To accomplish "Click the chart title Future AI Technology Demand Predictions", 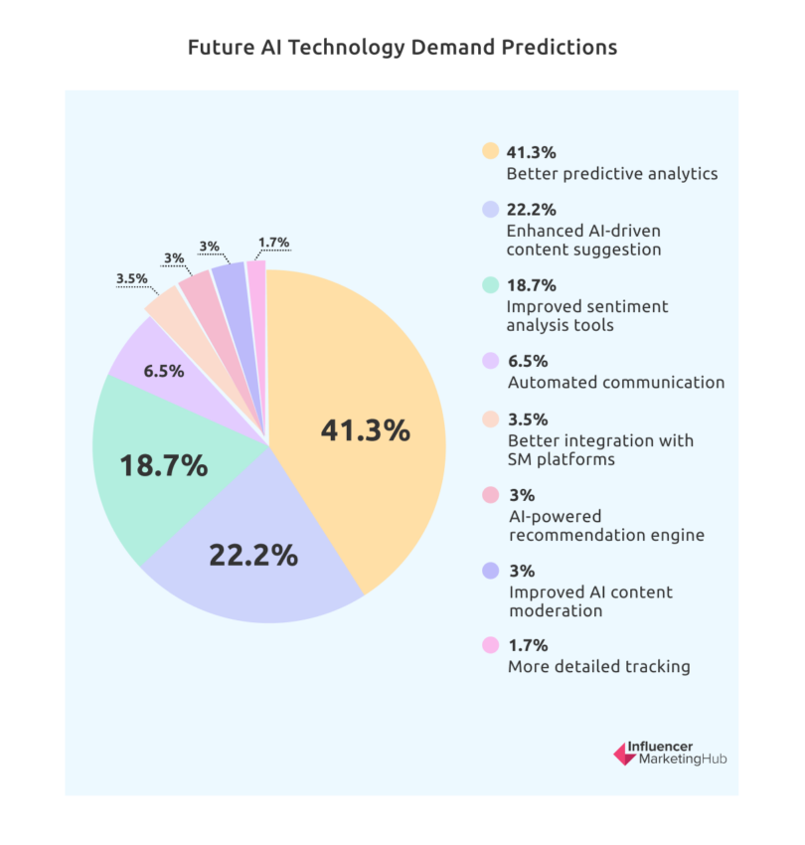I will click(x=402, y=47).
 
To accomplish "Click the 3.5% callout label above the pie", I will click(x=131, y=279).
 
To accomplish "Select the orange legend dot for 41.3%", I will click(x=489, y=152).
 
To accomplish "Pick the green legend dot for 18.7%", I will click(x=489, y=284).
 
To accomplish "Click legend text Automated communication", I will click(x=615, y=382).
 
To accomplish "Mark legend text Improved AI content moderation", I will click(x=589, y=601).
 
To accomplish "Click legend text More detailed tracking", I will click(x=598, y=666).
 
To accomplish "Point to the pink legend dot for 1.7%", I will click(x=489, y=645).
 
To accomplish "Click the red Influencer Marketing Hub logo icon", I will click(x=624, y=755).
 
